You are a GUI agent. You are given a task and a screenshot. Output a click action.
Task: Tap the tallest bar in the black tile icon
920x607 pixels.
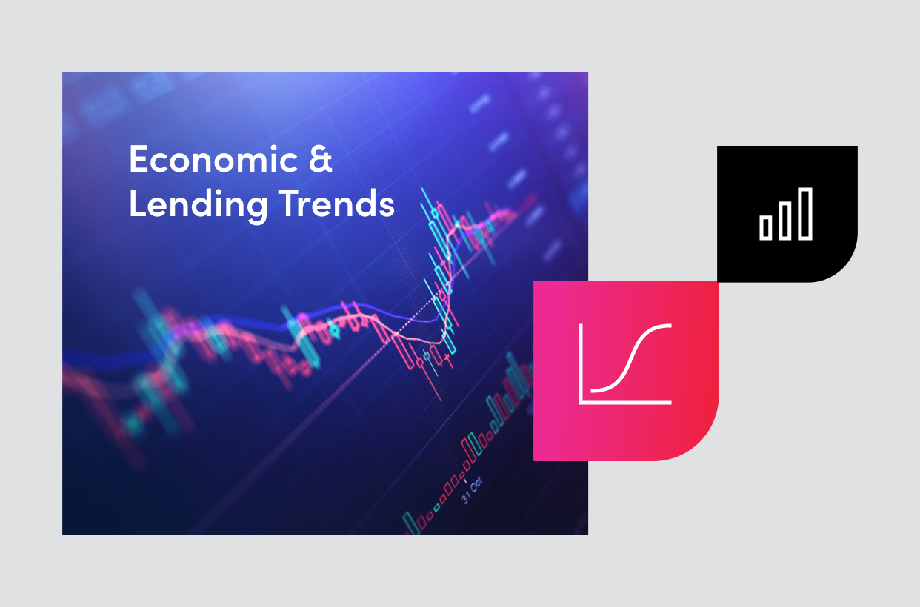coord(805,213)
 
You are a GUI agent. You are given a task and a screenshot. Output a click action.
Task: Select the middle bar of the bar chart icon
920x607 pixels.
coord(785,221)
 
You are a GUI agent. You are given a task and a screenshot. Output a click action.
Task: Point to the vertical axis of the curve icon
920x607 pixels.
coord(581,363)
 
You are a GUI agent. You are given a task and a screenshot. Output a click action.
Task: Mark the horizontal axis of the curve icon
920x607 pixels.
coord(626,403)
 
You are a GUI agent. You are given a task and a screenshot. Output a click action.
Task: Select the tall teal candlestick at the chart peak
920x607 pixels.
coord(427,222)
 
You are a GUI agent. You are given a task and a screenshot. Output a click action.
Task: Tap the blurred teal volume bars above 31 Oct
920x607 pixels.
coord(504,400)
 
